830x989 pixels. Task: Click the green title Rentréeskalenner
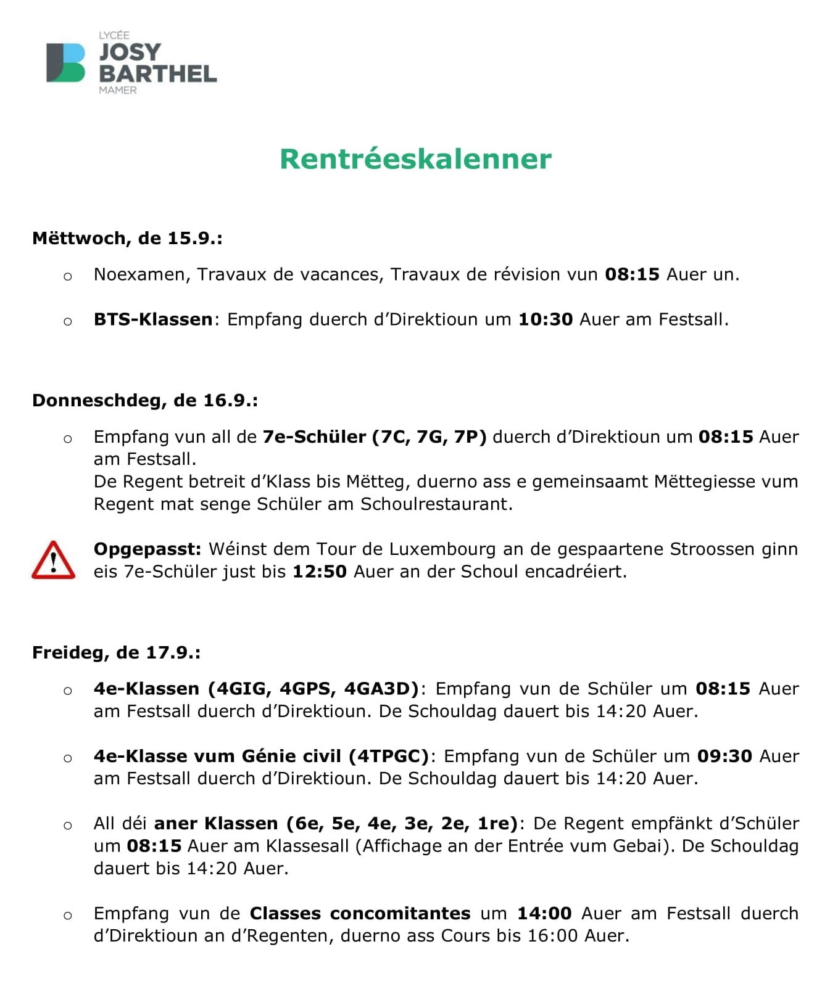tap(415, 159)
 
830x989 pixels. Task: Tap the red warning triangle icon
tap(53, 560)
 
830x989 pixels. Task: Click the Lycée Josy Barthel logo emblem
tap(65, 62)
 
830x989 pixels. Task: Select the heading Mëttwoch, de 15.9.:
tap(127, 238)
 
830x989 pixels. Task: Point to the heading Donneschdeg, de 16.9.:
tap(145, 400)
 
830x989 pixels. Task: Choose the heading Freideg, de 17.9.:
tap(116, 652)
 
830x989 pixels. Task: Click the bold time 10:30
tap(545, 319)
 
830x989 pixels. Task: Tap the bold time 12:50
tap(319, 572)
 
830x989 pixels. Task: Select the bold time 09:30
tap(724, 756)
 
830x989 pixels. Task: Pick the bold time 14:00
tap(544, 913)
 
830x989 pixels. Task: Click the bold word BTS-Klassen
tap(153, 319)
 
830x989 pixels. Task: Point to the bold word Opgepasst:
tap(147, 549)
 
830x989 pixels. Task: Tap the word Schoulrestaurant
tap(436, 504)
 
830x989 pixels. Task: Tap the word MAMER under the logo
tap(118, 90)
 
